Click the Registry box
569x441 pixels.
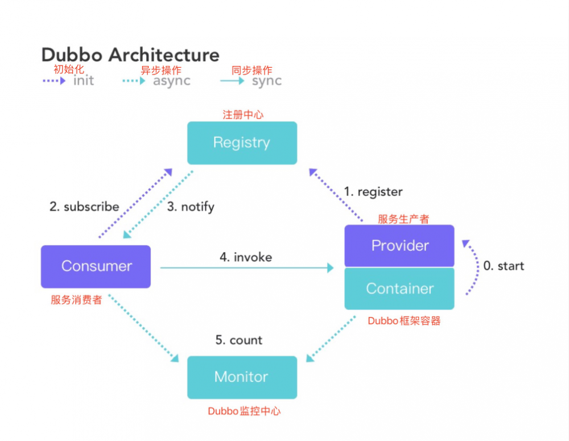pos(242,143)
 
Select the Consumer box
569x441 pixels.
pos(96,266)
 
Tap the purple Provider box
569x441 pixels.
pos(399,246)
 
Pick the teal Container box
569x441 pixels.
pos(399,288)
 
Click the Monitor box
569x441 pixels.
pos(242,377)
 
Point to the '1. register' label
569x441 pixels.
pos(373,192)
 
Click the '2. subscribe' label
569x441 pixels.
pos(84,207)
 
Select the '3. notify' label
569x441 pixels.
pos(191,207)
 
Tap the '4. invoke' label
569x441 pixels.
pos(246,257)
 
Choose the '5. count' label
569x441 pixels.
pos(238,340)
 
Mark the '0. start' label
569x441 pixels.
pos(504,266)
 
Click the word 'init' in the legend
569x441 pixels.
pos(84,81)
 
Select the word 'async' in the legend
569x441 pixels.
pos(171,81)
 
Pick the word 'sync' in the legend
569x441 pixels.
pos(267,81)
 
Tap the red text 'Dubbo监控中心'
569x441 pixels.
pos(244,411)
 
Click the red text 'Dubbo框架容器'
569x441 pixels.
pos(404,321)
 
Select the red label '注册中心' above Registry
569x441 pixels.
pos(243,114)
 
